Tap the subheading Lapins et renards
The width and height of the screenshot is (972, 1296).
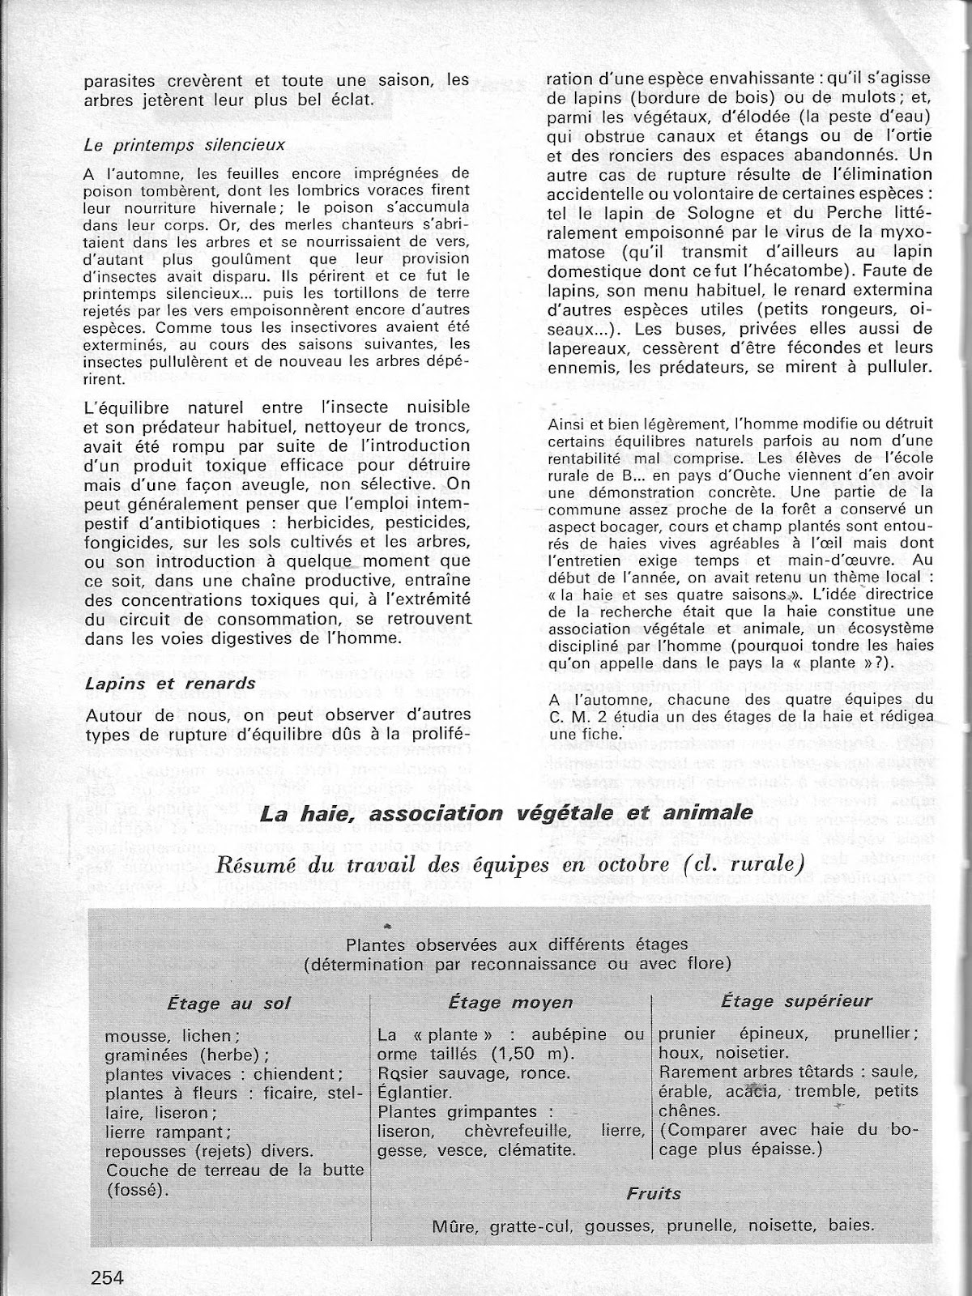point(169,683)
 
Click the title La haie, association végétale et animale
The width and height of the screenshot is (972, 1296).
point(505,812)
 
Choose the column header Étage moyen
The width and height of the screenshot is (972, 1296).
point(510,1002)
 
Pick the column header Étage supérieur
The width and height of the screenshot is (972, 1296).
point(796,1001)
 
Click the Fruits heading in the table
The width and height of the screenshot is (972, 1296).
point(653,1192)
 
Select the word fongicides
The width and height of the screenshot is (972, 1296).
point(126,540)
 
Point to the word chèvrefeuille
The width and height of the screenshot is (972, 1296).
point(511,1130)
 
